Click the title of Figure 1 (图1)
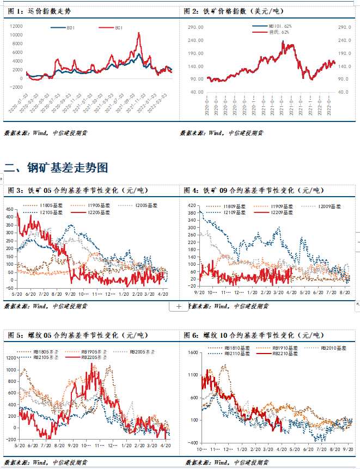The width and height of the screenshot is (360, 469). (x=40, y=11)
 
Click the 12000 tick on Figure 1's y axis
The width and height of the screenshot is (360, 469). (x=16, y=26)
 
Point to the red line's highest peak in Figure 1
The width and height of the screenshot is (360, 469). (x=139, y=33)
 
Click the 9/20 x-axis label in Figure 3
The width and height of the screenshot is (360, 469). (x=70, y=293)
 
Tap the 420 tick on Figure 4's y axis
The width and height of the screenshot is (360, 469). (x=192, y=205)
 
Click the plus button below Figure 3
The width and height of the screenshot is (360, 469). (x=178, y=307)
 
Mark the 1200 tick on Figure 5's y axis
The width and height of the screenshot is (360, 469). (x=10, y=358)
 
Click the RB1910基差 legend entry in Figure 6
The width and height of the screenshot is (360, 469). (x=285, y=348)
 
